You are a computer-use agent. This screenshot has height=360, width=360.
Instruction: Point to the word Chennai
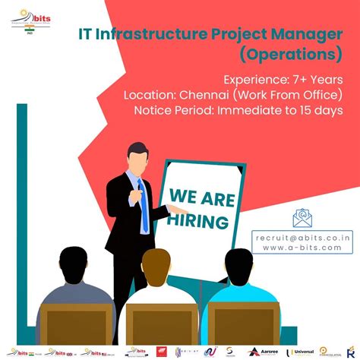click(206, 95)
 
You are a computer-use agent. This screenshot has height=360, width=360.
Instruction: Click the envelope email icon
click(304, 218)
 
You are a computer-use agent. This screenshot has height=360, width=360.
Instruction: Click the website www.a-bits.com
click(301, 249)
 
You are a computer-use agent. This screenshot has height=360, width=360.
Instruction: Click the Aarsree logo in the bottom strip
click(264, 352)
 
